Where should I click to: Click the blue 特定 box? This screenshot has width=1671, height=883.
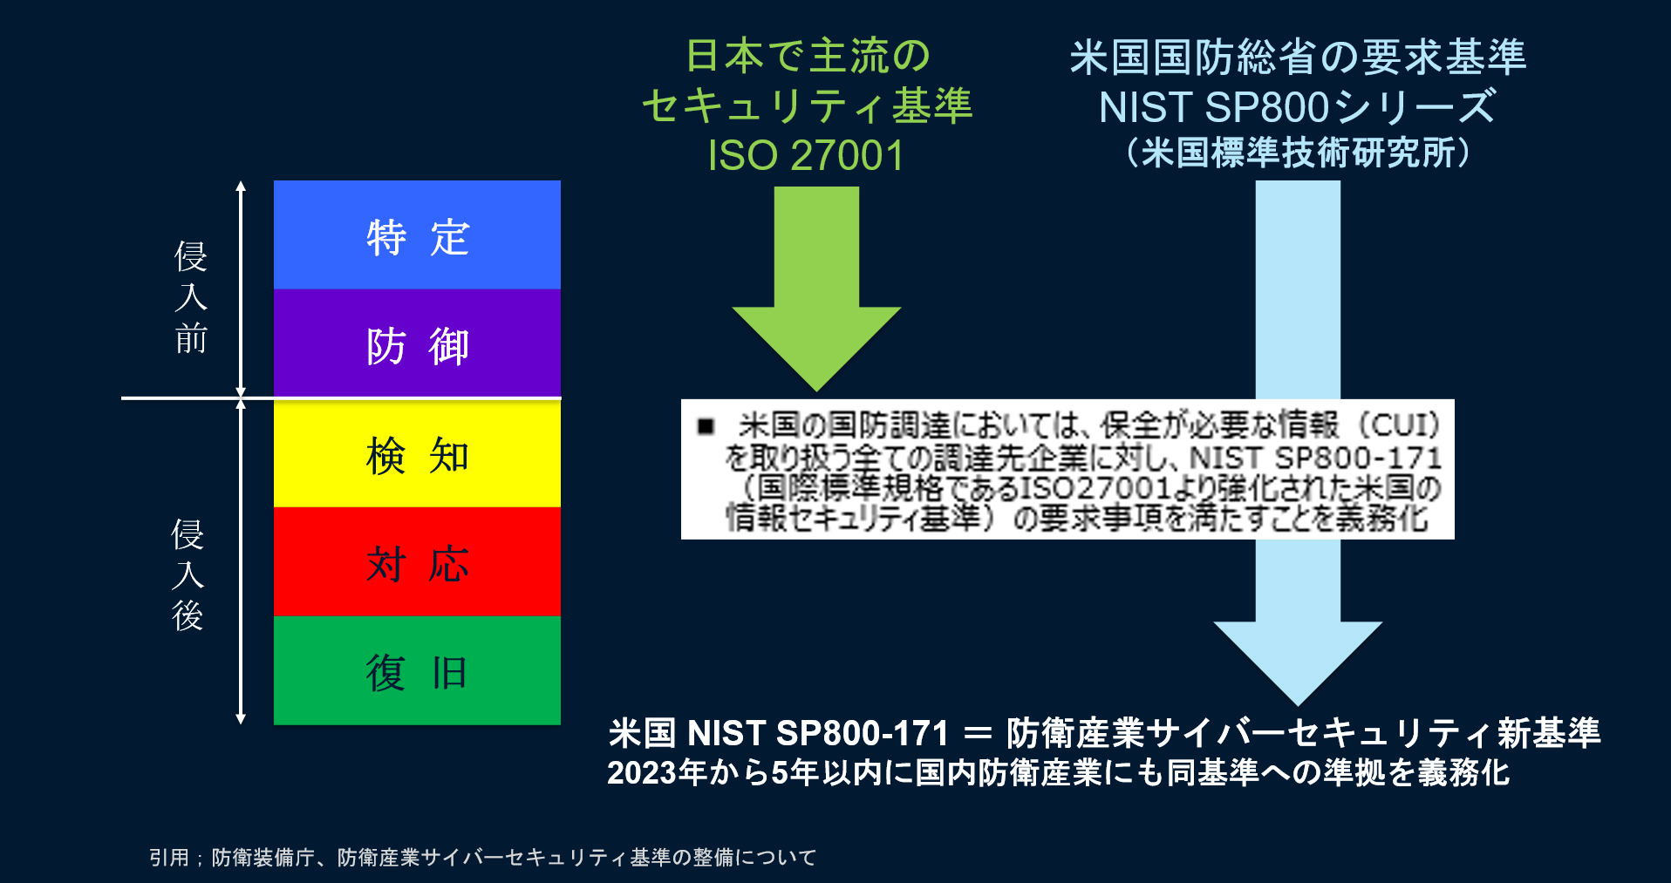tap(417, 235)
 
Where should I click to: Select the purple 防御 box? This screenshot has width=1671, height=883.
tap(417, 344)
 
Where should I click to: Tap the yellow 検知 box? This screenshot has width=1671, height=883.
tap(417, 453)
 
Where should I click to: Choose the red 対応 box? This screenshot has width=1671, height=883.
tap(417, 562)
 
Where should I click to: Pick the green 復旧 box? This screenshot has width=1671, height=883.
tap(417, 671)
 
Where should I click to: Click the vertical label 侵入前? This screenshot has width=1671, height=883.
tap(190, 297)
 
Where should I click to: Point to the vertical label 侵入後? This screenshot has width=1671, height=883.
tap(188, 574)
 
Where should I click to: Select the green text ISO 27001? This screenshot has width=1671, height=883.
tap(806, 156)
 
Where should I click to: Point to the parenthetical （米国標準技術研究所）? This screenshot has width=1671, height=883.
tap(1298, 153)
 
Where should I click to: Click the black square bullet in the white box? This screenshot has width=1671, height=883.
tap(706, 426)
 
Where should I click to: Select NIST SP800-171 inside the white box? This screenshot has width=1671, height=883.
tap(1315, 458)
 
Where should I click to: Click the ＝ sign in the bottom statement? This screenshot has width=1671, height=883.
tap(978, 733)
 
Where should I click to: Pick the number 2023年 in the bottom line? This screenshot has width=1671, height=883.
tap(657, 772)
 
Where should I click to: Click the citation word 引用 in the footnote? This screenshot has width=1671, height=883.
tap(168, 858)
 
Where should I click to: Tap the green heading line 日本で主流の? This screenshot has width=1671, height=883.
tap(808, 57)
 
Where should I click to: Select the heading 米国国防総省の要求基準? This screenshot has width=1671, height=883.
tap(1298, 58)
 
